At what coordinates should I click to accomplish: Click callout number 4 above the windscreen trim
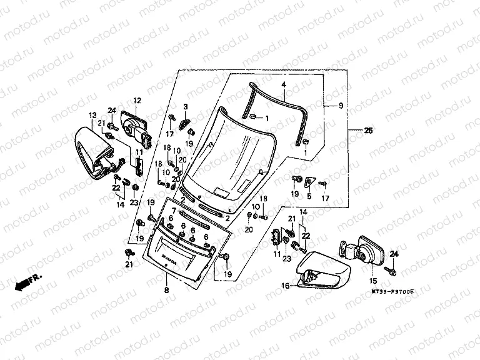283,84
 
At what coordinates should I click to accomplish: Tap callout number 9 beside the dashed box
341,107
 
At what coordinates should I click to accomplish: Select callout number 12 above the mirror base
137,100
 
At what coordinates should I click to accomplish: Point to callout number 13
92,115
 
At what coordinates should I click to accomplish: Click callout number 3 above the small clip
186,107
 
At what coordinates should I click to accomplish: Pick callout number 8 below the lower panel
166,291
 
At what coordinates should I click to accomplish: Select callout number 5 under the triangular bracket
309,196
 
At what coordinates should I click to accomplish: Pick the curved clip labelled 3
184,121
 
